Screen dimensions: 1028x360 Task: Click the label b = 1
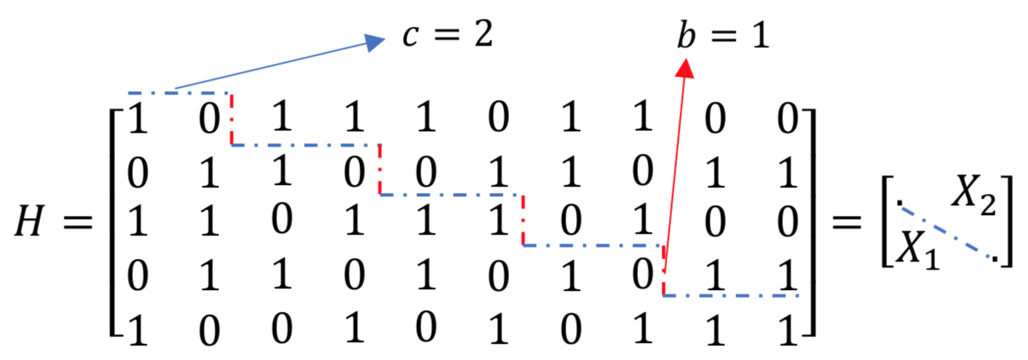(x=722, y=37)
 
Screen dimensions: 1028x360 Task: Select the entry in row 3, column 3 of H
(x=281, y=222)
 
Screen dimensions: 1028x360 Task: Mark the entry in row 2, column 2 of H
(x=207, y=172)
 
